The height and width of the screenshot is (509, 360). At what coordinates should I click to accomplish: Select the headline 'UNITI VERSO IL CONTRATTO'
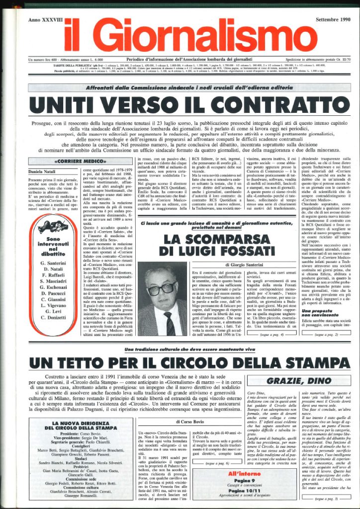click(180, 105)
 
